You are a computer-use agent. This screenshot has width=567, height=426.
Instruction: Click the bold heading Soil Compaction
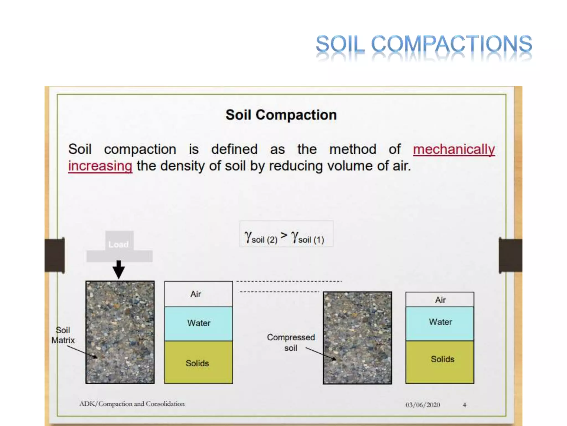(x=281, y=115)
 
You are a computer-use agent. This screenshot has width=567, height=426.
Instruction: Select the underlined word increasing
(x=100, y=166)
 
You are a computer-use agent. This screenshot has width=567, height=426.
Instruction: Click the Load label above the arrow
(x=118, y=244)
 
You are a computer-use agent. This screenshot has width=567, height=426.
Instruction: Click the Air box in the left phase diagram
(x=198, y=294)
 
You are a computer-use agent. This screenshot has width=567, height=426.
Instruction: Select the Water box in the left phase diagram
(x=198, y=323)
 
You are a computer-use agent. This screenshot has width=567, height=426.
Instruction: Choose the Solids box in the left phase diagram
(x=198, y=362)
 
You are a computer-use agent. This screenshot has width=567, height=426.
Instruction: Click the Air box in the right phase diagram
(x=440, y=300)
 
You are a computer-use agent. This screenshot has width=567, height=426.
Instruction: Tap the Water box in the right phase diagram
(x=440, y=323)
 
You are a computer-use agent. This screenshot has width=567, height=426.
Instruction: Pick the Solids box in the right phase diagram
(x=440, y=362)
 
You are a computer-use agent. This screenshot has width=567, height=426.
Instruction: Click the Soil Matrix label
(x=63, y=335)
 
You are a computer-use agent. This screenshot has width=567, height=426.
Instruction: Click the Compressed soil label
(x=291, y=342)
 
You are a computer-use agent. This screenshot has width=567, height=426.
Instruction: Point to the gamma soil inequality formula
(x=285, y=237)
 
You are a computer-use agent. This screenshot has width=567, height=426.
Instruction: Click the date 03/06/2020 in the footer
(x=422, y=405)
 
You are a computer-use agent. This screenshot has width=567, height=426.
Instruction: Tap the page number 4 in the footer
(x=464, y=405)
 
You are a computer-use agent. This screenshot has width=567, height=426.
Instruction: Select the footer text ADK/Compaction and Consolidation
(x=132, y=404)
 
